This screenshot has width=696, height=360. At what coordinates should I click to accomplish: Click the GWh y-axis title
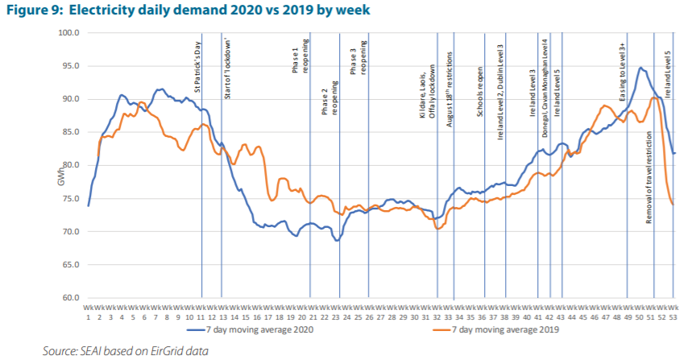(x=60, y=179)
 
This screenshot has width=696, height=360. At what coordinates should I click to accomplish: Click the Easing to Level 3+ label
(x=623, y=72)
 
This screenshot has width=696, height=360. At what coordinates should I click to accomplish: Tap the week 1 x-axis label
(x=89, y=312)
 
